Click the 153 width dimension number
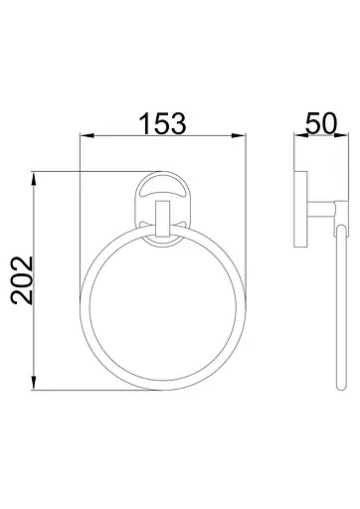tap(163, 123)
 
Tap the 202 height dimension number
tap(22, 280)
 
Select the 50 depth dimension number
tap(321, 123)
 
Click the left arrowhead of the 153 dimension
tap(88, 135)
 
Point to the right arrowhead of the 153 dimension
tap(239, 135)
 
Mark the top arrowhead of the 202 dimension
tap(34, 179)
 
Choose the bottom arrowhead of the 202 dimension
tap(34, 383)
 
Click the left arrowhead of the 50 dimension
tap(300, 135)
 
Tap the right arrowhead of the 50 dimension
tap(341, 135)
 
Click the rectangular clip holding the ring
tap(163, 219)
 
